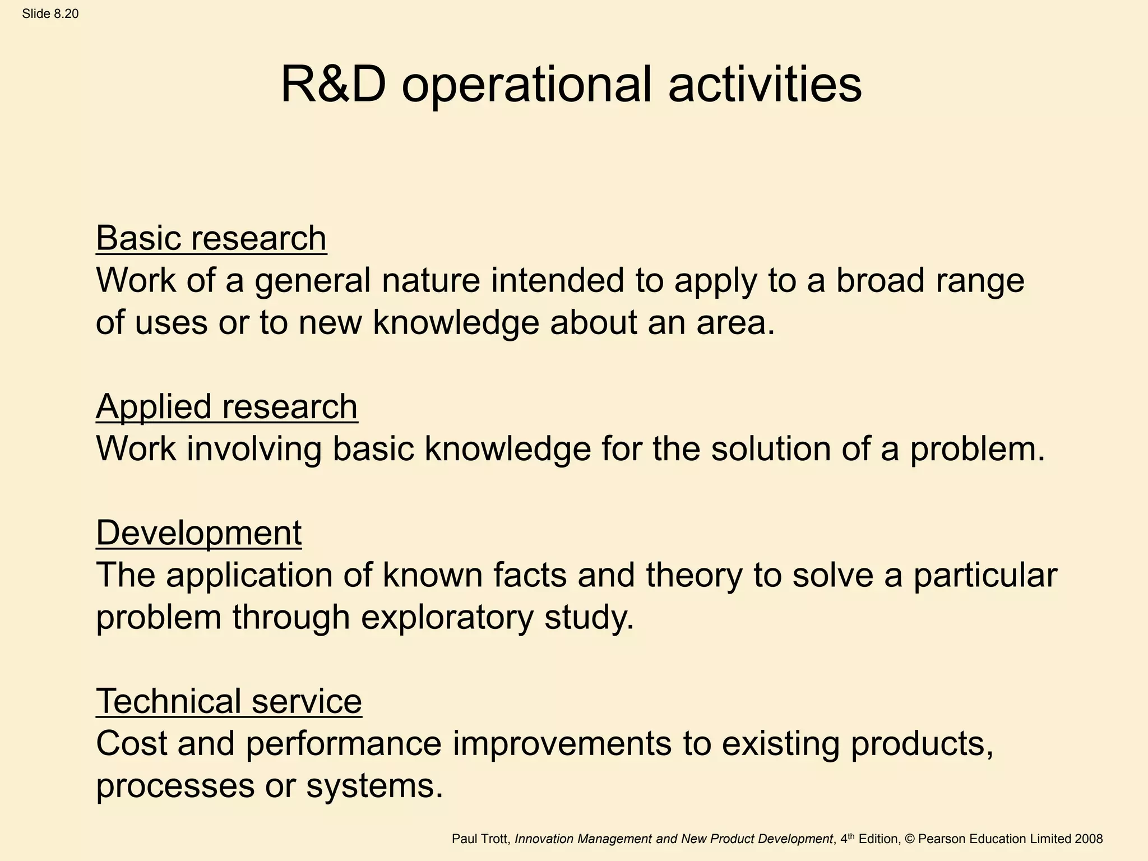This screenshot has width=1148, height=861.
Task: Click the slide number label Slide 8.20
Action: pyautogui.click(x=50, y=14)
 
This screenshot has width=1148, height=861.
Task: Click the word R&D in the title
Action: pyautogui.click(x=334, y=85)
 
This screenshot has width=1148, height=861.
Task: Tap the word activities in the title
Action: pyautogui.click(x=765, y=85)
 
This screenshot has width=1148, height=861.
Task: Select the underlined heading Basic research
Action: pyautogui.click(x=211, y=238)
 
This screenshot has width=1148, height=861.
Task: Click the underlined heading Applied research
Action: pyautogui.click(x=226, y=406)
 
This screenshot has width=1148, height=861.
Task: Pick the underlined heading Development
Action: pyautogui.click(x=198, y=533)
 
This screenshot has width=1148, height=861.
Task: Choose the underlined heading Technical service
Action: pyautogui.click(x=229, y=701)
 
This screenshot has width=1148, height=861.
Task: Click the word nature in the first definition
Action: pyautogui.click(x=431, y=280)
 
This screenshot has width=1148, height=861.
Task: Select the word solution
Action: pyautogui.click(x=771, y=450)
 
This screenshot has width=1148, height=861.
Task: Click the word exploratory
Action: pyautogui.click(x=447, y=618)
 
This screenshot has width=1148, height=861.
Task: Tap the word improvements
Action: pyautogui.click(x=562, y=744)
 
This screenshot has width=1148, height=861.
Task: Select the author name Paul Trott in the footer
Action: pyautogui.click(x=480, y=839)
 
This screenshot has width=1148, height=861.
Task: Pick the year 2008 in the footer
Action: pyautogui.click(x=1089, y=839)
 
